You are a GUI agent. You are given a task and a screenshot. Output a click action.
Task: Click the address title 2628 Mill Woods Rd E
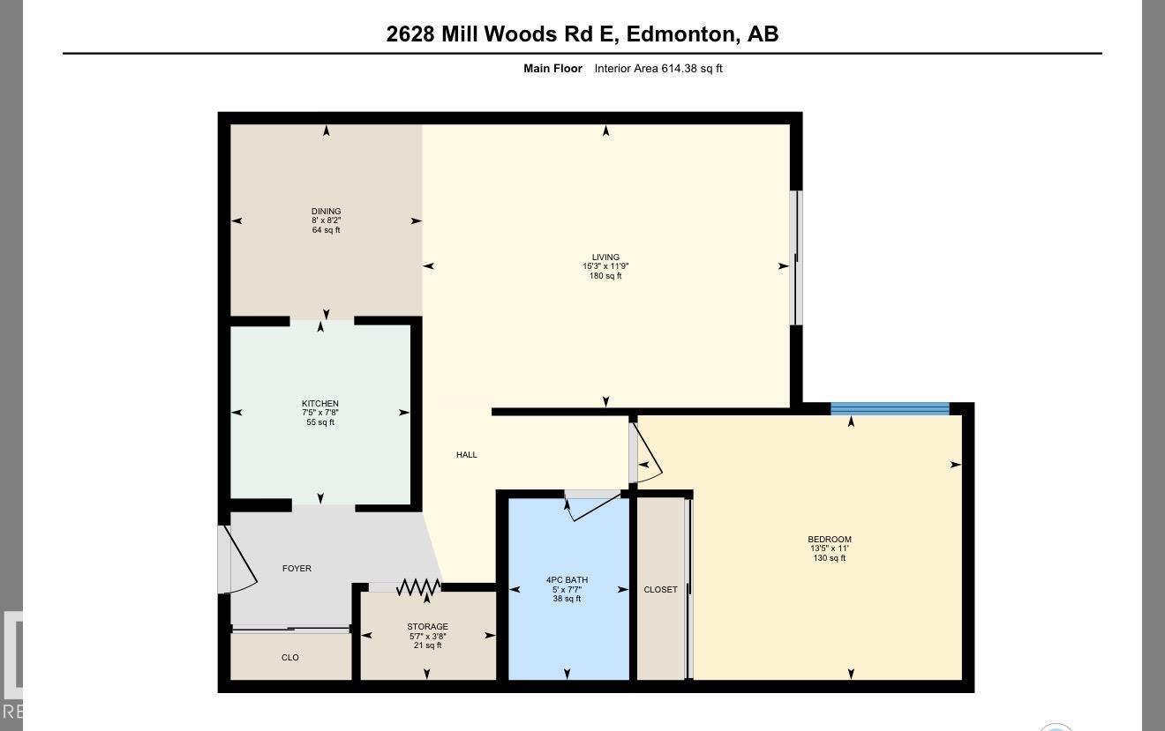coord(582,34)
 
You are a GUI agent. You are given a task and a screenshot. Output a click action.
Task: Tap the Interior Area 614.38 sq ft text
coord(658,69)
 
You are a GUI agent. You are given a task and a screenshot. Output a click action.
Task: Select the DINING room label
coord(326,212)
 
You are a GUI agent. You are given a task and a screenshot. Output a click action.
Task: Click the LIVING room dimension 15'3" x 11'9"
coord(605,266)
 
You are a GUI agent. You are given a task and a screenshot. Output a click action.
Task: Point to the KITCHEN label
coord(319,404)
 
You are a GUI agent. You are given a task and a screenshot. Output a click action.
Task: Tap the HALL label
coord(467,455)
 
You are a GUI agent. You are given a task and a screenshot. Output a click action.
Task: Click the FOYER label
coord(297,569)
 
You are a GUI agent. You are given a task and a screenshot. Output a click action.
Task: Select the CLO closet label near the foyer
coord(289,658)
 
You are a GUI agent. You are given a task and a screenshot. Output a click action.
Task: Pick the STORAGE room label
coord(427,627)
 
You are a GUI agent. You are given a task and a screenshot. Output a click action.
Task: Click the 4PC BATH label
coord(567,580)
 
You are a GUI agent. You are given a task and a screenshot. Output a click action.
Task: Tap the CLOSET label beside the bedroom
coord(660,590)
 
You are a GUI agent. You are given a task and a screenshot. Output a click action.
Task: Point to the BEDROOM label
coord(830,540)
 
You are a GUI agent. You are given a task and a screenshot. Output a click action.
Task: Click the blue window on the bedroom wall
coord(890,408)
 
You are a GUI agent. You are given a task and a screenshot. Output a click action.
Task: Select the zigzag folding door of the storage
coord(418,587)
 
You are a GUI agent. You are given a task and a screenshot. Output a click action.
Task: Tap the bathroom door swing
coord(593,506)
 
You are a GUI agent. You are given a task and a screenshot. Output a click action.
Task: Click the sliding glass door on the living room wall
coord(796,257)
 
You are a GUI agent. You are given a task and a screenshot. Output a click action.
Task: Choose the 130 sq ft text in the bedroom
coord(830,558)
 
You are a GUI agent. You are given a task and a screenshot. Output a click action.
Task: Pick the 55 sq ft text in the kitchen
coord(319,422)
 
